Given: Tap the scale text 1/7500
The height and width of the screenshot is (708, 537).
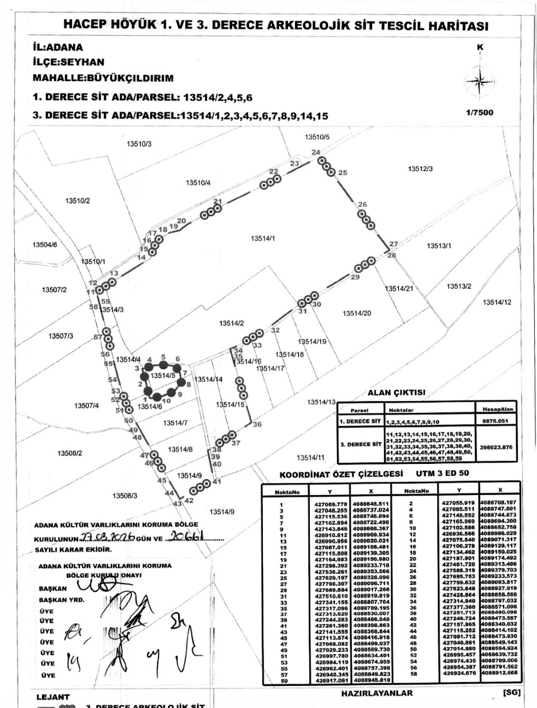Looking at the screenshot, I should click(479, 113).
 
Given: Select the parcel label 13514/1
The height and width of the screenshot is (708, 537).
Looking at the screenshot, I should click(262, 238).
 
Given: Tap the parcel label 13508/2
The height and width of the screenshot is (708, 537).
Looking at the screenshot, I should click(70, 453).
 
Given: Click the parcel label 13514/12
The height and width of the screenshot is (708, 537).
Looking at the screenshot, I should click(497, 302).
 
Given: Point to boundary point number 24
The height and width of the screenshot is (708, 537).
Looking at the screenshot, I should click(316, 152).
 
